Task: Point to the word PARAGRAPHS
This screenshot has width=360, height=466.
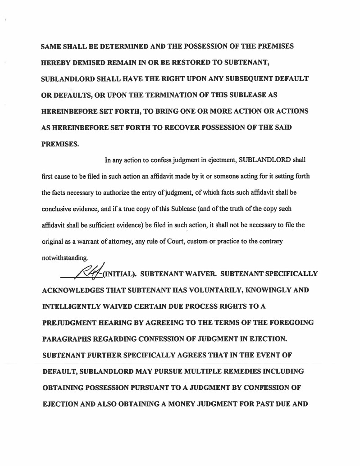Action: (70, 339)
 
